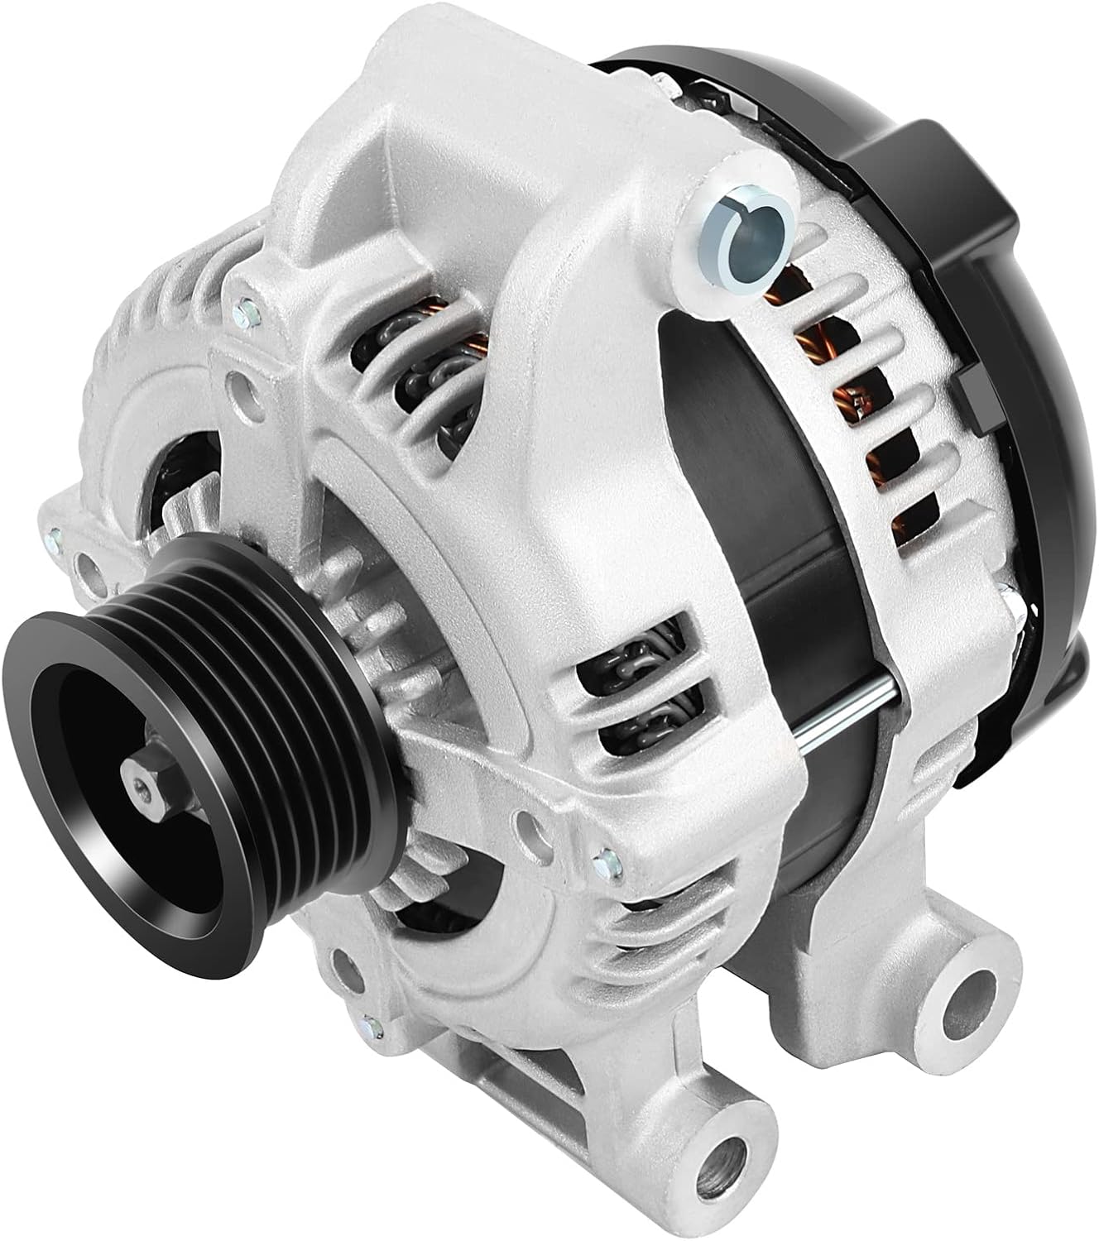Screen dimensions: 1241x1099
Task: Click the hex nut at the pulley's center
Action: [138, 773]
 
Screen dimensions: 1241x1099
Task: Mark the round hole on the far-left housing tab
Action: [86, 571]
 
